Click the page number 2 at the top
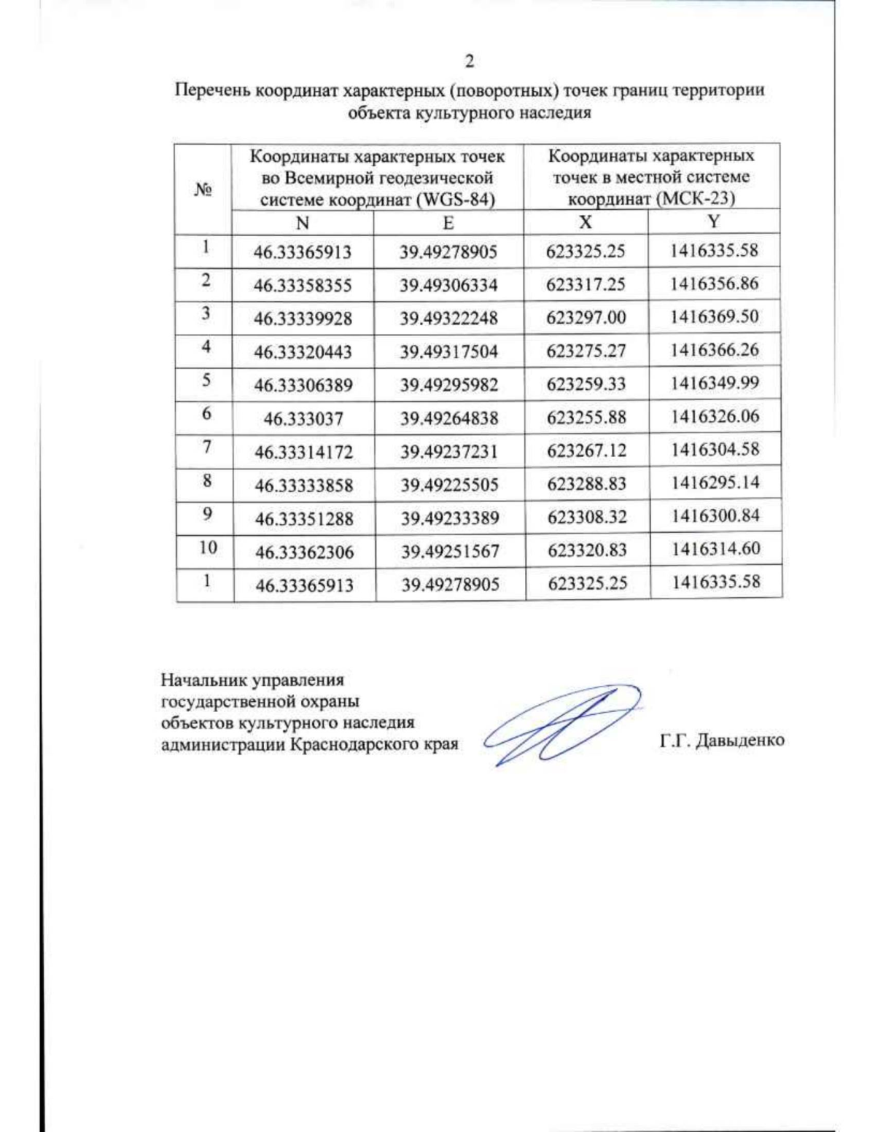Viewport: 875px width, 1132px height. [469, 61]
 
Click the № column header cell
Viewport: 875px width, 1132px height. [203, 190]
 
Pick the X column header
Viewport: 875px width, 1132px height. [585, 222]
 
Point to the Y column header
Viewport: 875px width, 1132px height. [714, 222]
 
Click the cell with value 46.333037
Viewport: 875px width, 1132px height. [303, 419]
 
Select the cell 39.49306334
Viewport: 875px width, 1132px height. [448, 285]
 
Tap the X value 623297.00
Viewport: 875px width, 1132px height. [586, 318]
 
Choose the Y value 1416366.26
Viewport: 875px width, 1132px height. [715, 350]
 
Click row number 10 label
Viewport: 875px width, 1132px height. [208, 547]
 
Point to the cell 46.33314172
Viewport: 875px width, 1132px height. [303, 453]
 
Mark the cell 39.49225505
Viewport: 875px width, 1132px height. [449, 485]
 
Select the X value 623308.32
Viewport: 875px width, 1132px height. [587, 518]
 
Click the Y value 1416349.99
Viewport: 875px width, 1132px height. [715, 383]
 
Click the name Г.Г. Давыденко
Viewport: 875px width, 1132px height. [722, 741]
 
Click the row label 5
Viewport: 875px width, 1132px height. [206, 380]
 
